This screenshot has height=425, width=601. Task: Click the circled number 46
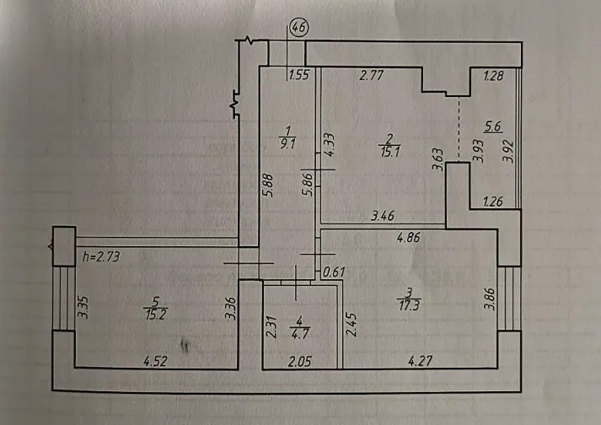tap(298, 27)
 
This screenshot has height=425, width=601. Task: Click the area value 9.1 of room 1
tap(287, 143)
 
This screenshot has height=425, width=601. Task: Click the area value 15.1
tap(388, 153)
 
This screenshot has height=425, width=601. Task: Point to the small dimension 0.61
tap(335, 272)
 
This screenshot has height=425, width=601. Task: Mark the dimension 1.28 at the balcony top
tap(494, 77)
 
